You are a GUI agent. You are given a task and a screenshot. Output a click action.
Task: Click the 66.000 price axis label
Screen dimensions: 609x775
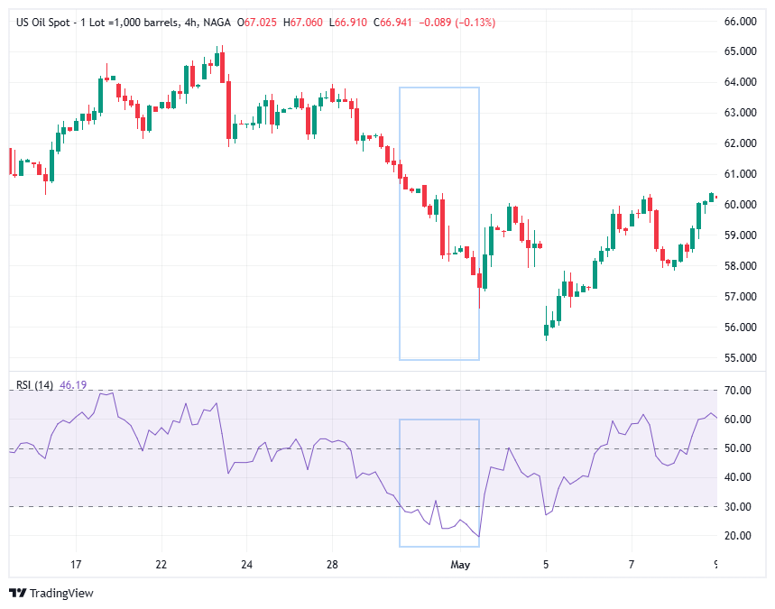pos(740,21)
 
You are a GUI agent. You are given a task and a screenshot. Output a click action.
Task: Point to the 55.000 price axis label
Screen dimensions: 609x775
pos(740,357)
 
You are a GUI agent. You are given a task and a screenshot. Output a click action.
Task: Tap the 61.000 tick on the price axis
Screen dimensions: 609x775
pos(740,173)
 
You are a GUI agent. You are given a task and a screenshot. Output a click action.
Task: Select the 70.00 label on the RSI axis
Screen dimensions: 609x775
pos(739,391)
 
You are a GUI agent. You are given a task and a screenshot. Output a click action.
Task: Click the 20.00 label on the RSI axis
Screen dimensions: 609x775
pos(739,536)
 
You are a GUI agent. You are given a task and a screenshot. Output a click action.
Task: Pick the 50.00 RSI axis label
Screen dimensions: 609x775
pos(739,448)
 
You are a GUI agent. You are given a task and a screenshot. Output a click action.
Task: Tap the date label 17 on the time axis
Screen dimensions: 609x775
pos(77,565)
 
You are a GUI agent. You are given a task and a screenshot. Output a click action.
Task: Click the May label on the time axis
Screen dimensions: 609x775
pos(461,565)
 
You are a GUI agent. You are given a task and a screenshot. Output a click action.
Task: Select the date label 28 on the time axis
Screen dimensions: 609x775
pos(332,565)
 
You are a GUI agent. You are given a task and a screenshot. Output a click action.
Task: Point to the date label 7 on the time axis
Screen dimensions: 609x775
pos(632,565)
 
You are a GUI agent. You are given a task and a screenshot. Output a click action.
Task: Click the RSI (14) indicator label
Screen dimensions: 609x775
pos(34,385)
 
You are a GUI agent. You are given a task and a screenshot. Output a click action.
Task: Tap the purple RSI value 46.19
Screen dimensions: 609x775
pos(72,385)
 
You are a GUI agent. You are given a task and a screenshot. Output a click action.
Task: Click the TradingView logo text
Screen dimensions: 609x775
pos(61,593)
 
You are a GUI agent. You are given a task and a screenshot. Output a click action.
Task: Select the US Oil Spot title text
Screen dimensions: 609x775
pos(46,21)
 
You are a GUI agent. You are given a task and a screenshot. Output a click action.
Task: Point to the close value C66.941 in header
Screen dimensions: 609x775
pos(393,21)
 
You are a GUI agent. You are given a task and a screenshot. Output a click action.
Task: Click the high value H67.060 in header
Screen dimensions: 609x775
pos(303,21)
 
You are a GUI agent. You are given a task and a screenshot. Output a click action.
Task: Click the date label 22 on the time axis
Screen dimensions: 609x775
pos(161,565)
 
